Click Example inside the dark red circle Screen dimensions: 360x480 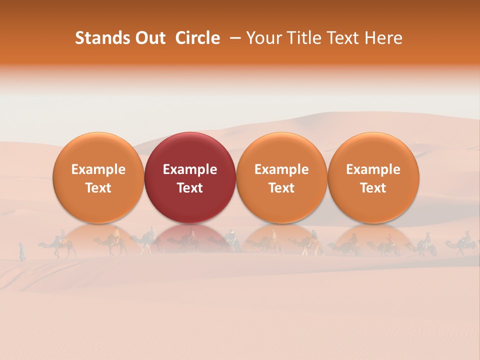click(x=190, y=169)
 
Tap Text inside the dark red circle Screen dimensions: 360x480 click(x=190, y=188)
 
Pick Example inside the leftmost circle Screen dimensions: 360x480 click(x=98, y=169)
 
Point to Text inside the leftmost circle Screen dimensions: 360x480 click(x=98, y=188)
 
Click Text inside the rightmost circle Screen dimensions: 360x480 click(x=373, y=188)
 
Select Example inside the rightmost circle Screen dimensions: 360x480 click(x=373, y=169)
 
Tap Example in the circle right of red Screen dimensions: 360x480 click(x=281, y=169)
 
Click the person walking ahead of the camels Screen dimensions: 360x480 click(x=22, y=251)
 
